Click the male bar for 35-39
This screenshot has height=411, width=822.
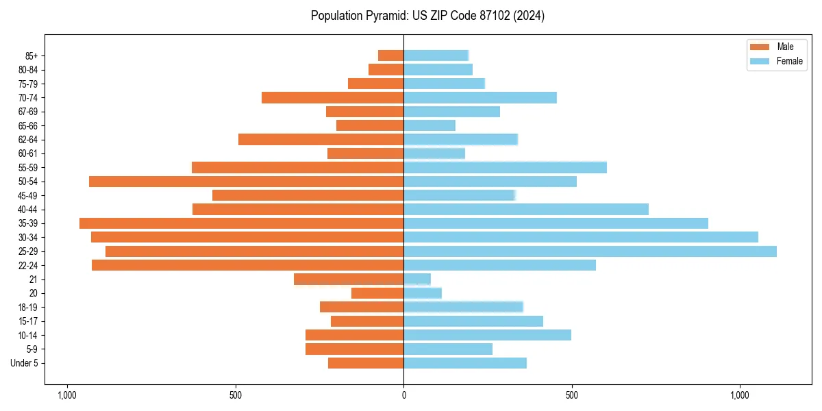[241, 223]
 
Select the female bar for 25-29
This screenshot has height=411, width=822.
[590, 251]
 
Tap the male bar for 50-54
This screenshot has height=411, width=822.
[246, 182]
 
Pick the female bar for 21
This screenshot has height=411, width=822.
[417, 279]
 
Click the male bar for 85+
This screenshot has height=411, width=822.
[390, 55]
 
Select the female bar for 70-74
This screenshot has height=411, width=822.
[480, 98]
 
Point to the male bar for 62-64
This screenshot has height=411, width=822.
[321, 140]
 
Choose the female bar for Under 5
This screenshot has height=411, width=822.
[465, 363]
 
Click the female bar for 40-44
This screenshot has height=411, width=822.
[526, 210]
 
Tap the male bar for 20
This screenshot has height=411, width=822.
[377, 293]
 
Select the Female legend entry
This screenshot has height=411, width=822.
[777, 61]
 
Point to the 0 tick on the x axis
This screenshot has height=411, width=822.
[403, 395]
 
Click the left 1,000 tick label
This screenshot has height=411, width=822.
[67, 395]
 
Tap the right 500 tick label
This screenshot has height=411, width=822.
[572, 395]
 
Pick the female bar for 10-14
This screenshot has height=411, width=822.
[487, 335]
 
